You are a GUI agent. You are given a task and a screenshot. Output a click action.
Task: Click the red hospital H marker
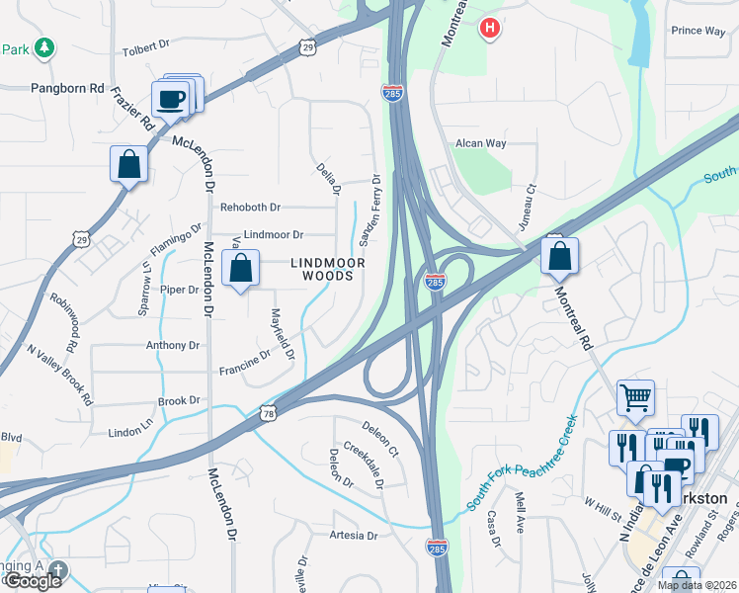[489, 29]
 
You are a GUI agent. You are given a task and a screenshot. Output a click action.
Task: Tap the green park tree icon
[43, 47]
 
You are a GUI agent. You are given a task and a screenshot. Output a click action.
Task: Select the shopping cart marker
[636, 398]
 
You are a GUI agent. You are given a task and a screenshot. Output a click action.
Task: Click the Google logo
[33, 580]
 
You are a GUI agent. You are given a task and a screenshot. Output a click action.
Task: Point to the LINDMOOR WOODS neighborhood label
[327, 270]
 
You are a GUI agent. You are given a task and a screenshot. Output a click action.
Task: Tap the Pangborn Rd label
[67, 88]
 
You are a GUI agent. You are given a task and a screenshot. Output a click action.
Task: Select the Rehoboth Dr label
[251, 208]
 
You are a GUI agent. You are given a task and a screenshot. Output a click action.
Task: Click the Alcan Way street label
[480, 143]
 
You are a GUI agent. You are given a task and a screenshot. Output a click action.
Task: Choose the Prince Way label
[698, 31]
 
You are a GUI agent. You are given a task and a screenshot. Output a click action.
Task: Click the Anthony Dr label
[173, 346]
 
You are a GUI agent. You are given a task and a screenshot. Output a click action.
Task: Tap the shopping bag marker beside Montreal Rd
[559, 256]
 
